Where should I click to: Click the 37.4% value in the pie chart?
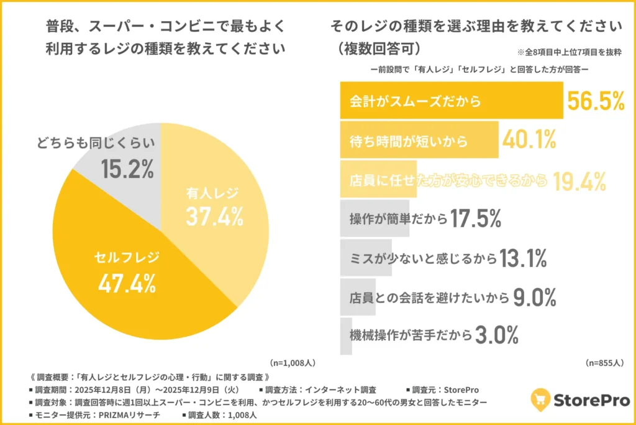click(x=214, y=216)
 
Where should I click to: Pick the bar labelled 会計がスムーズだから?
click(x=451, y=101)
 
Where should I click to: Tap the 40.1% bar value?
click(x=529, y=141)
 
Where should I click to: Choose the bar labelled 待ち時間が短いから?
click(x=419, y=141)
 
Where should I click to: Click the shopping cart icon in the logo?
click(x=540, y=399)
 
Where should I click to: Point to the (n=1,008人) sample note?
click(x=294, y=362)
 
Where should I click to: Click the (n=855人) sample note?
click(x=605, y=362)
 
